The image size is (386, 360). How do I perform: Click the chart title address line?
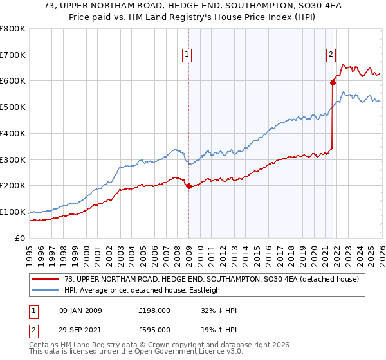193,8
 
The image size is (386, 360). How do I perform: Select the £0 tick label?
21,238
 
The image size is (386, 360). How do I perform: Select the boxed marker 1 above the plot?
187,55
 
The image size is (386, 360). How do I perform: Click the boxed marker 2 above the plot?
331,55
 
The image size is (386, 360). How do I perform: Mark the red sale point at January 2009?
188,186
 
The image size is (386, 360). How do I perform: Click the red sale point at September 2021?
333,82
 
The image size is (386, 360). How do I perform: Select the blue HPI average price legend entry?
142,290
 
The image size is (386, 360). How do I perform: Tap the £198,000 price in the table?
153,310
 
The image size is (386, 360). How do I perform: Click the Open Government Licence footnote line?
122,353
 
